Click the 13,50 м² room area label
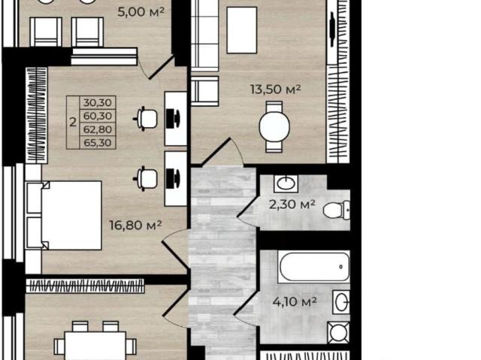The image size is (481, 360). click(x=275, y=89)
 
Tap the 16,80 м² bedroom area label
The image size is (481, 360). click(x=135, y=225)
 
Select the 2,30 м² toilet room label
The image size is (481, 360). click(x=292, y=204)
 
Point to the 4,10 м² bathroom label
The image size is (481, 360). click(x=295, y=302)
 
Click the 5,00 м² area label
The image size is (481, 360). click(x=141, y=12)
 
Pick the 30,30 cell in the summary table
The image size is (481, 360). click(x=98, y=102)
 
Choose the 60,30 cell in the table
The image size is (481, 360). click(x=98, y=116)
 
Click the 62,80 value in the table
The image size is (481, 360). click(x=98, y=129)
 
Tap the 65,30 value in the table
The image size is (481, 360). click(x=98, y=143)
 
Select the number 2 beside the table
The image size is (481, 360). click(x=73, y=123)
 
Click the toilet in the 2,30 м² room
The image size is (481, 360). click(x=336, y=210)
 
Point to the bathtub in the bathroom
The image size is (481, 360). click(x=314, y=267)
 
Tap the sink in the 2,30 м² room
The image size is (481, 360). click(x=286, y=183)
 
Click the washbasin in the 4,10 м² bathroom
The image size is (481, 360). click(x=341, y=302)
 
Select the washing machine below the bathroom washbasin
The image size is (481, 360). click(x=339, y=333)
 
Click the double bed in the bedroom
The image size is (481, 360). click(x=64, y=215)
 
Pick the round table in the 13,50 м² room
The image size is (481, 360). click(x=274, y=126)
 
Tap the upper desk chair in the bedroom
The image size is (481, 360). click(x=145, y=118)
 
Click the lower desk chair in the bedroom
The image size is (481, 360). click(x=145, y=178)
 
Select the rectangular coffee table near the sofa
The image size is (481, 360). click(x=242, y=30)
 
